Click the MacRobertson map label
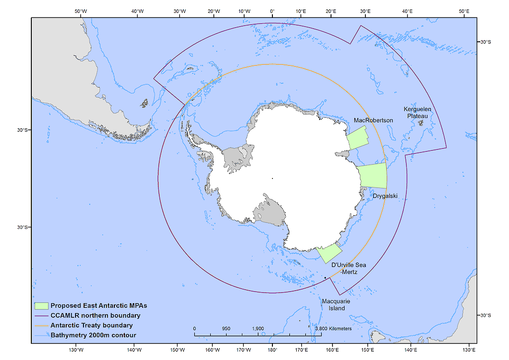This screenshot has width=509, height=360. tap(373, 120)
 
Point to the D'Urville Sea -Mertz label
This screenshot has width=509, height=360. tap(348, 268)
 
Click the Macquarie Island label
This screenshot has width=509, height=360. tap(333, 305)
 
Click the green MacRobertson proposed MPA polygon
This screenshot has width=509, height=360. tap(357, 137)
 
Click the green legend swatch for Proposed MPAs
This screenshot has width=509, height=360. tap(41, 305)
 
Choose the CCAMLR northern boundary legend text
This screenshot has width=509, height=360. tap(95, 315)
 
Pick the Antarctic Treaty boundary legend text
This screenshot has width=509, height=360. tap(91, 325)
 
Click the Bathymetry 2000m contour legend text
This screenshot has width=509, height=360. tap(93, 335)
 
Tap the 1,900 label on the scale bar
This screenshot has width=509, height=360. tap(258, 329)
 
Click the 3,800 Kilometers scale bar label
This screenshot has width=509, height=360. tap(334, 329)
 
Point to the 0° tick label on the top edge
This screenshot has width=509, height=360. tap(272, 11)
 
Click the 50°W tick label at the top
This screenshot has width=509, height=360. tap(81, 11)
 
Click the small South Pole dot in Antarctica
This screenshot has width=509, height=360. tap(272, 178)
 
